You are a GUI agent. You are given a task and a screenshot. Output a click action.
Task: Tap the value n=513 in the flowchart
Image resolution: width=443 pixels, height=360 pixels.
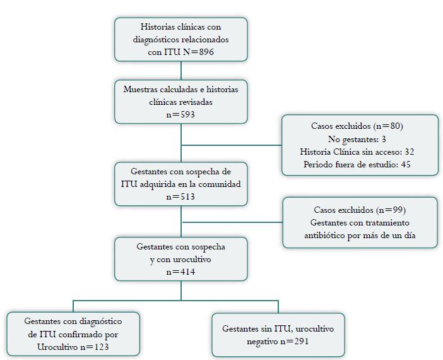181,196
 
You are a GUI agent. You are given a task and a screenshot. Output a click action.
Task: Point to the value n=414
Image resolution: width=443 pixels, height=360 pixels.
181,271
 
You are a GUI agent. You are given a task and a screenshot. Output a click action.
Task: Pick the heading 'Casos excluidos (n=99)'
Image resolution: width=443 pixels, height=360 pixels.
360,209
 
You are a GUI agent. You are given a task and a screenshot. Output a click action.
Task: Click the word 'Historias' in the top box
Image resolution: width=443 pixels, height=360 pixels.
157,27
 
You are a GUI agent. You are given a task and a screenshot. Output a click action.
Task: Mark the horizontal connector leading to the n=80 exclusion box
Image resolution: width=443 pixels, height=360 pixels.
231,145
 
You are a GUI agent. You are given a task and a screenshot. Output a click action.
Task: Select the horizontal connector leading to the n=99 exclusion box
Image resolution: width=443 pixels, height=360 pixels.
231,222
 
